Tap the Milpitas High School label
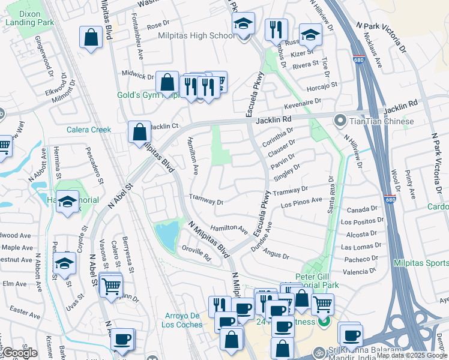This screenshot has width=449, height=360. point(188,35)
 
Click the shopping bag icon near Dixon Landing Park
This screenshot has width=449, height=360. point(91,38)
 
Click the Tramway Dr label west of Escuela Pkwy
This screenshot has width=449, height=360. point(206,200)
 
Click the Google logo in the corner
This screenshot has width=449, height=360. point(19,353)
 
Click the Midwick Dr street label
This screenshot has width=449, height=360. point(137,76)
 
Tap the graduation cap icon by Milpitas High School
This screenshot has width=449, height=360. point(244,25)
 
